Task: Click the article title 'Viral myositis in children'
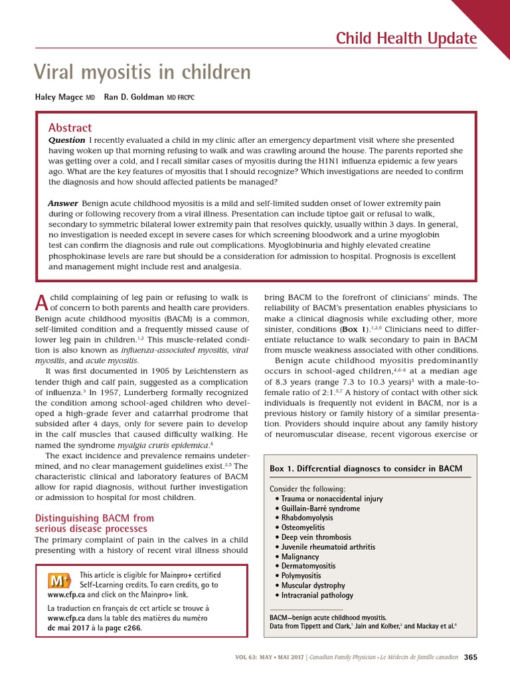pos(142,72)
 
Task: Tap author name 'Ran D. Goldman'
pos(133,97)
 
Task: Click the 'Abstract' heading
pos(70,127)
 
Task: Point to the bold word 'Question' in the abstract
pos(66,140)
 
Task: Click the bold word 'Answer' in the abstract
pos(63,203)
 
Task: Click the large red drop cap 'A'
pos(41,303)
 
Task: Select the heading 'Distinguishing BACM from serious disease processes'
pos(94,523)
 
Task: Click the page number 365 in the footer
pos(471,657)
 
